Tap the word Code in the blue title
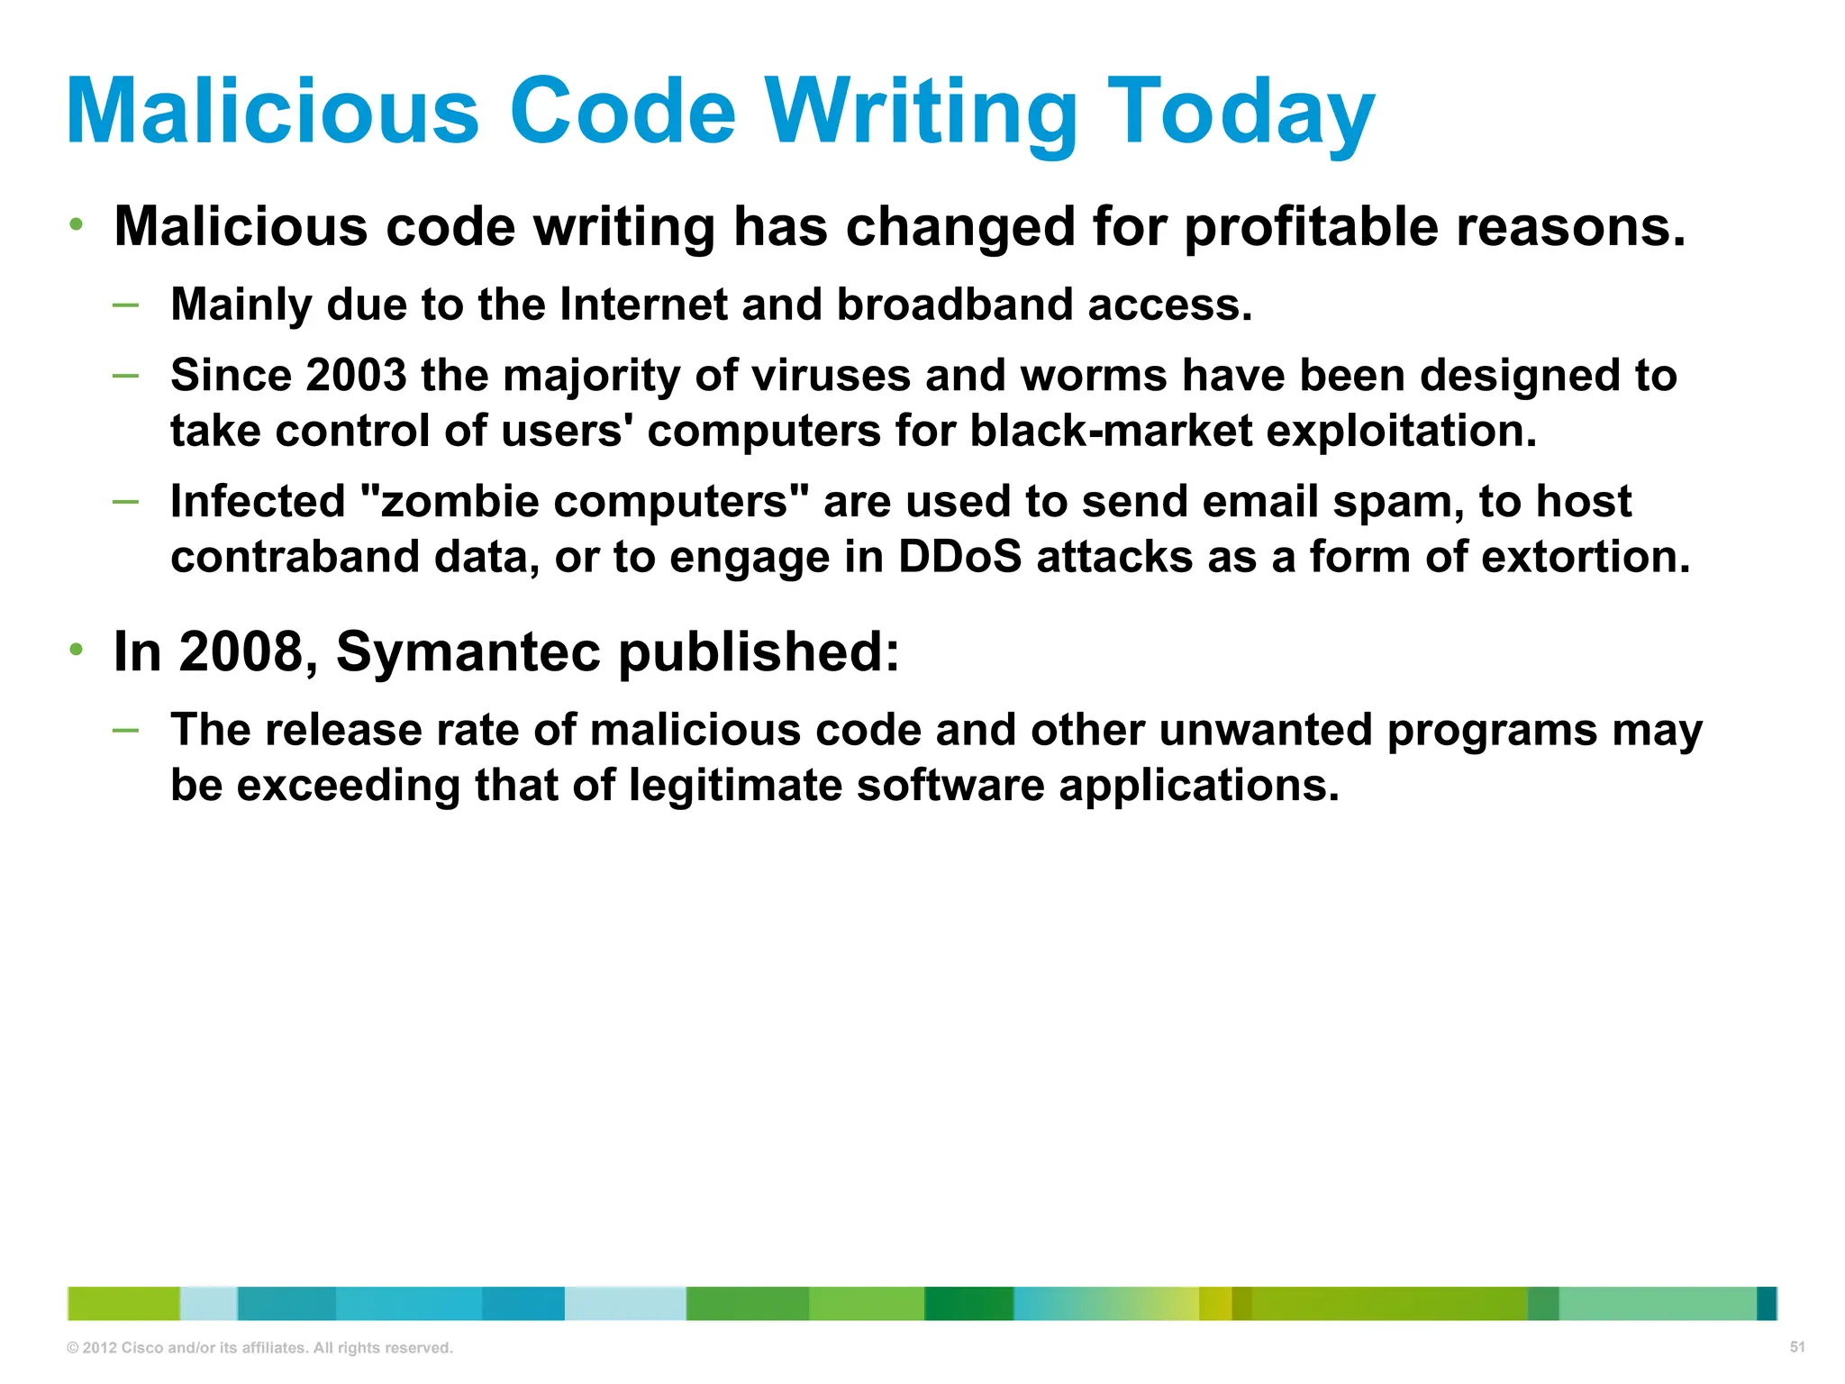click(x=623, y=112)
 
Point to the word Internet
click(x=642, y=305)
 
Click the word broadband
click(x=954, y=305)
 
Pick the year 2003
click(x=356, y=375)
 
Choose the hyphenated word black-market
click(x=1110, y=431)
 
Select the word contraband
click(x=295, y=557)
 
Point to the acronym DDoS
click(x=959, y=557)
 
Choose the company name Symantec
click(x=468, y=651)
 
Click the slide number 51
click(x=1797, y=1347)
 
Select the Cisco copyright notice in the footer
click(x=259, y=1348)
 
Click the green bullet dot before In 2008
click(x=77, y=649)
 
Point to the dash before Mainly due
click(x=126, y=305)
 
